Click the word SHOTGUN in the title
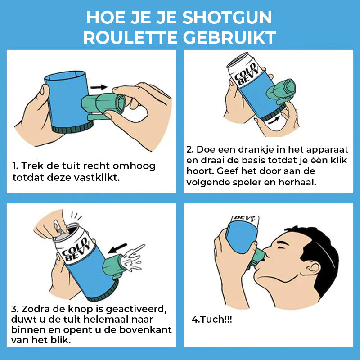(x=227, y=18)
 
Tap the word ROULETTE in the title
(x=130, y=38)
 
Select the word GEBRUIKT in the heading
(x=229, y=38)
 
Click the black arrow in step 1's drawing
(x=99, y=87)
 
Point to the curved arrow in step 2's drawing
(x=274, y=120)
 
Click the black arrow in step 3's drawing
(x=117, y=248)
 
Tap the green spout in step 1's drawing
(x=103, y=105)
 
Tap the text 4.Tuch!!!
(x=211, y=319)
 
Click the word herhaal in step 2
(x=297, y=182)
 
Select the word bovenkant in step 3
(x=145, y=330)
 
